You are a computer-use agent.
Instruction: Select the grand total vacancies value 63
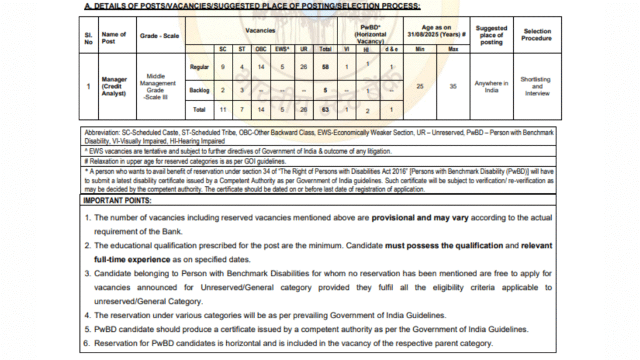[x=325, y=110]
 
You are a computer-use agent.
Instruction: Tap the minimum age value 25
[x=420, y=87]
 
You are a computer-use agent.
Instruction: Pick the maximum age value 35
[x=453, y=87]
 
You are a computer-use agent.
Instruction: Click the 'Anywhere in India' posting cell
[x=491, y=86]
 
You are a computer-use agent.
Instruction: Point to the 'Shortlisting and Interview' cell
[x=537, y=86]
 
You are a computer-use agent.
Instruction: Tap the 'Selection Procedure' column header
[x=537, y=34]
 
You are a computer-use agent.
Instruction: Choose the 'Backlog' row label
[x=199, y=90]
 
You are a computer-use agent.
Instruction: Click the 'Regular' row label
[x=199, y=66]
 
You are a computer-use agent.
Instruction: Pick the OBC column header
[x=261, y=49]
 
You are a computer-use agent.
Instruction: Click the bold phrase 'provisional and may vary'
[x=420, y=217]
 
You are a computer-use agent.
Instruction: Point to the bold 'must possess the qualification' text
[x=444, y=246]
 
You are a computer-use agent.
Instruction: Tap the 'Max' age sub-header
[x=453, y=49]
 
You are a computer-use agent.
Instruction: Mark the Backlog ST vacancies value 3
[x=241, y=90]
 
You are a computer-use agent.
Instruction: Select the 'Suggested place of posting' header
[x=491, y=35]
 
